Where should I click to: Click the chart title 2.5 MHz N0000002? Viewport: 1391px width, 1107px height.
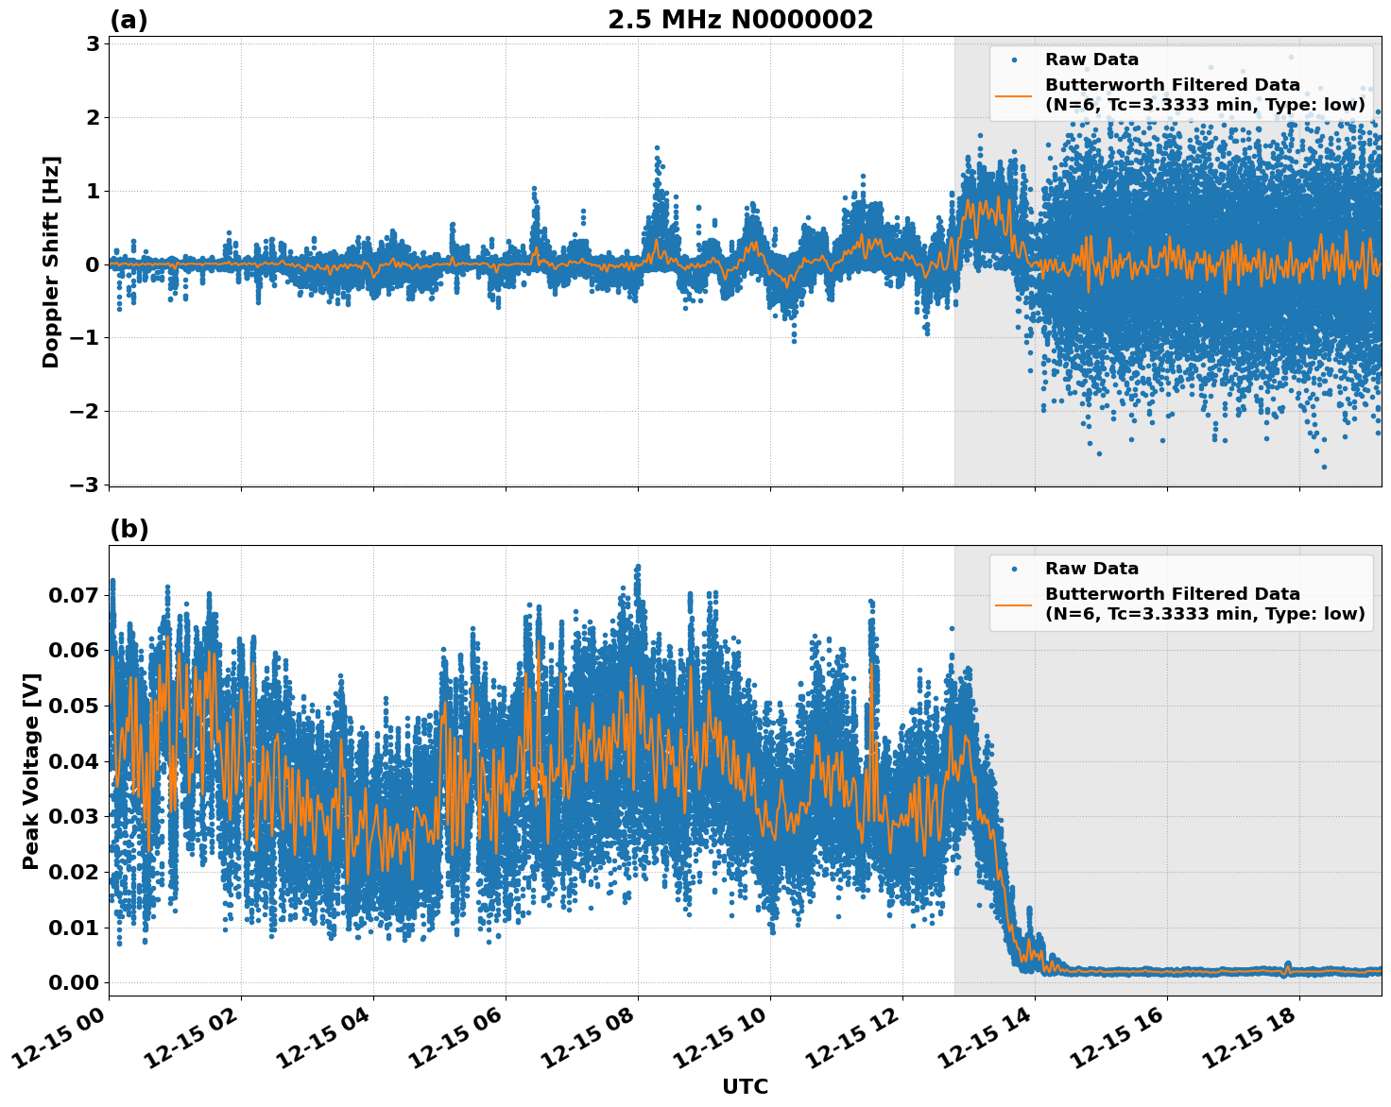740,20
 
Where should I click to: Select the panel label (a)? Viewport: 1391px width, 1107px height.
129,20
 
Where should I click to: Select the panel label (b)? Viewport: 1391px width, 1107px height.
129,529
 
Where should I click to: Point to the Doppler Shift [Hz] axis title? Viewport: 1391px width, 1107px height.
51,262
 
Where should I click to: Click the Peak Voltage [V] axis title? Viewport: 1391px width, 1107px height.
31,771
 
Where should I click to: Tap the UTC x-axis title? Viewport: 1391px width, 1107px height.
745,1086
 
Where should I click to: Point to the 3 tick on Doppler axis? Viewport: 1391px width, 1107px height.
93,44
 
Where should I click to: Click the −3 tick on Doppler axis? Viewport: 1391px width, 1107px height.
85,485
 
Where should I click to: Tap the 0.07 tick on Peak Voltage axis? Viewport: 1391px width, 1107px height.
74,595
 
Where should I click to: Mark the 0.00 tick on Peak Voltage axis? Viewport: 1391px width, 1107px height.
74,982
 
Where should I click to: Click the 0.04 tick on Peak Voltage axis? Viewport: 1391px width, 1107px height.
74,761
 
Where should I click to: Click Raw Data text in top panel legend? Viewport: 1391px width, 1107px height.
1091,60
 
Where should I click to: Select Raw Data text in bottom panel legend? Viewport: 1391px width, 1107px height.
1091,569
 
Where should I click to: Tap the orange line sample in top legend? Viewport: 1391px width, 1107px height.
1014,94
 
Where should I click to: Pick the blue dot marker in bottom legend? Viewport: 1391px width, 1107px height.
1014,569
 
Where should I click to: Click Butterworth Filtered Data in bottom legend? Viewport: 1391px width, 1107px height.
1172,594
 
